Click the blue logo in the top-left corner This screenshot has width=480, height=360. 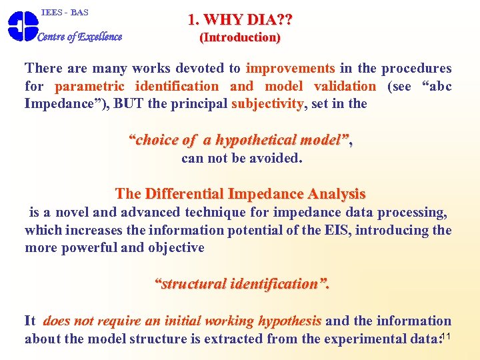click(21, 27)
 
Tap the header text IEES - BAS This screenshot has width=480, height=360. click(65, 13)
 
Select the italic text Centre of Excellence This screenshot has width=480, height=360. click(80, 37)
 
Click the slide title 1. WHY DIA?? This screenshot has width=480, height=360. click(240, 20)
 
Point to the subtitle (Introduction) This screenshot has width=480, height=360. click(240, 37)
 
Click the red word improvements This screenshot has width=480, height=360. click(291, 68)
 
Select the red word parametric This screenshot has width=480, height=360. click(89, 86)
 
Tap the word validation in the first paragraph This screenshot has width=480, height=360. click(345, 86)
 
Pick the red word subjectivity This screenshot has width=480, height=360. click(267, 103)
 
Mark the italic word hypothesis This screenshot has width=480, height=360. click(290, 321)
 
